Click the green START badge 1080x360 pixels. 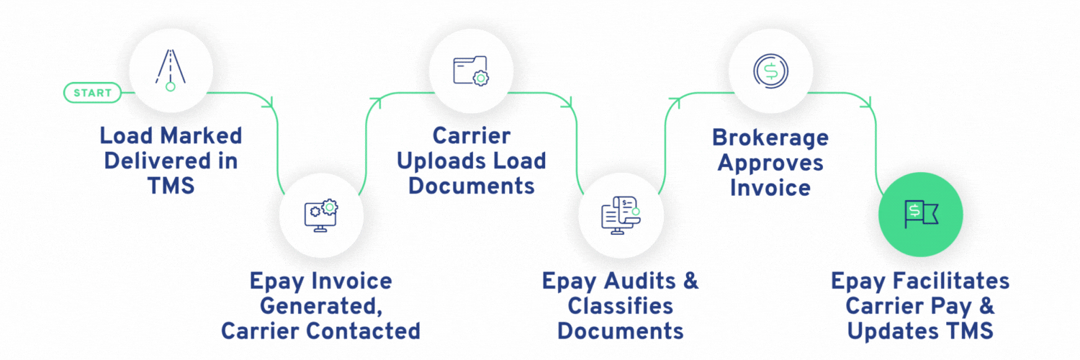pyautogui.click(x=92, y=93)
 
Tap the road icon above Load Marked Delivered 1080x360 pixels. pyautogui.click(x=171, y=71)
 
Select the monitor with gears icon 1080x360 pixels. pyautogui.click(x=321, y=215)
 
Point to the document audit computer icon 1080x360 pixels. pyautogui.click(x=621, y=215)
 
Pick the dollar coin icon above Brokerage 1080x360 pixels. pyautogui.click(x=770, y=71)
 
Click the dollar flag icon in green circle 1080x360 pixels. pyautogui.click(x=921, y=215)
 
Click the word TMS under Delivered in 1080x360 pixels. pyautogui.click(x=171, y=186)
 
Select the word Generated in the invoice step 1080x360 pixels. pyautogui.click(x=320, y=305)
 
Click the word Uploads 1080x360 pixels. pyautogui.click(x=471, y=161)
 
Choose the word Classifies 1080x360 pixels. pyautogui.click(x=621, y=305)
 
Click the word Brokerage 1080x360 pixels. pyautogui.click(x=770, y=136)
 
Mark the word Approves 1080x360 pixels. pyautogui.click(x=770, y=162)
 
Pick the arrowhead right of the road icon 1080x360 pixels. pyautogui.click(x=272, y=103)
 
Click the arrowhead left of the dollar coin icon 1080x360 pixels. pyautogui.click(x=675, y=103)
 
